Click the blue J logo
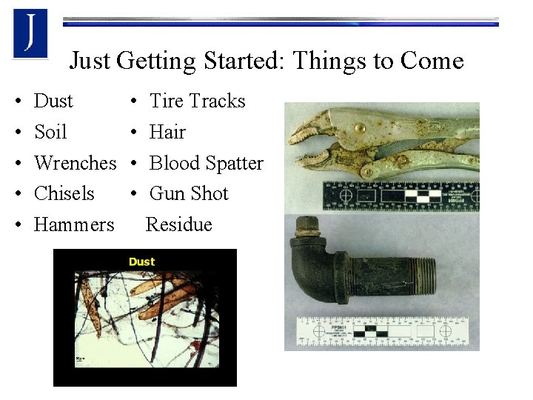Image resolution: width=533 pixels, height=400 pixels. [x=30, y=33]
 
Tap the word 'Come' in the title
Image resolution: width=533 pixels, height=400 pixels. [x=432, y=60]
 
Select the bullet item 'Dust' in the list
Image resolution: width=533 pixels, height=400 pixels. [x=53, y=101]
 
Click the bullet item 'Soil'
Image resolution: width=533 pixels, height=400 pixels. [x=50, y=132]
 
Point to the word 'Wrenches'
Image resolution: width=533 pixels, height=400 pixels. [x=75, y=163]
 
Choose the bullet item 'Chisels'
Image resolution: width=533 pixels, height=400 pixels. [x=64, y=194]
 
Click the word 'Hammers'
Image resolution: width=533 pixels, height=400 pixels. [x=74, y=224]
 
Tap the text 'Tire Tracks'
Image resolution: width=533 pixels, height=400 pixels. [x=197, y=101]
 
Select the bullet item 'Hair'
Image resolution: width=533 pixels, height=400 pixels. [x=167, y=132]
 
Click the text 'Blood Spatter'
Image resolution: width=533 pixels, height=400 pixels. [x=206, y=163]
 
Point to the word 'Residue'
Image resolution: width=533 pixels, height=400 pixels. [x=179, y=224]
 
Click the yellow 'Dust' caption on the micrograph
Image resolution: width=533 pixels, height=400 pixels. [x=141, y=261]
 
